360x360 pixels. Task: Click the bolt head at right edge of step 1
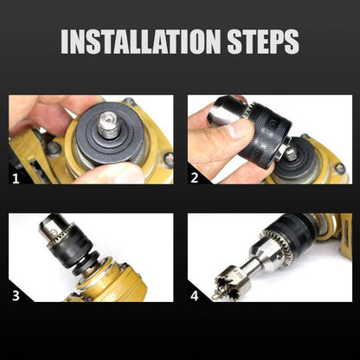coord(167,158)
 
